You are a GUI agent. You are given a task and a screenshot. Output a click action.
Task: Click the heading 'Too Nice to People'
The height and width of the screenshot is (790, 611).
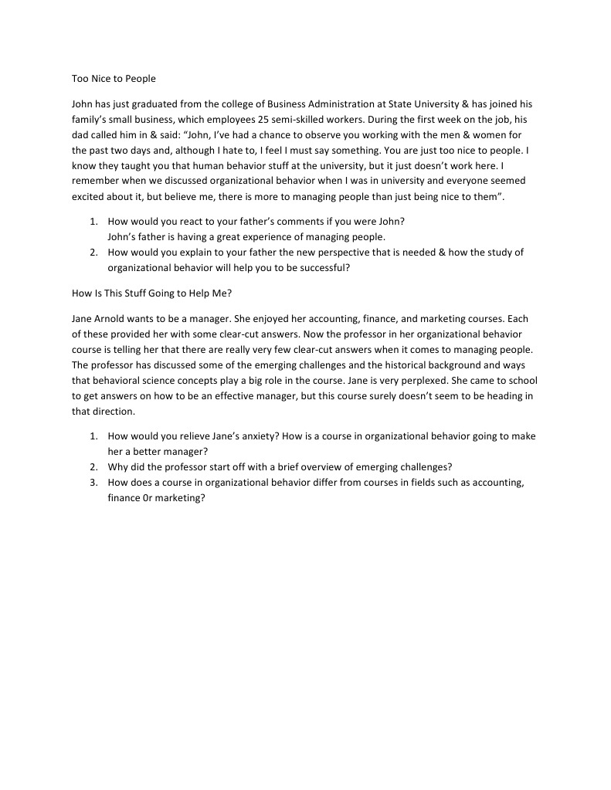(x=114, y=79)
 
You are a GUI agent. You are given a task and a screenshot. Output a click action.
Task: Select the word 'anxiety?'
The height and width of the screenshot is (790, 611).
(x=259, y=436)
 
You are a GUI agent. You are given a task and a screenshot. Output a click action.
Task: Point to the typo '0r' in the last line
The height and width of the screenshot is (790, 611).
(x=145, y=498)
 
